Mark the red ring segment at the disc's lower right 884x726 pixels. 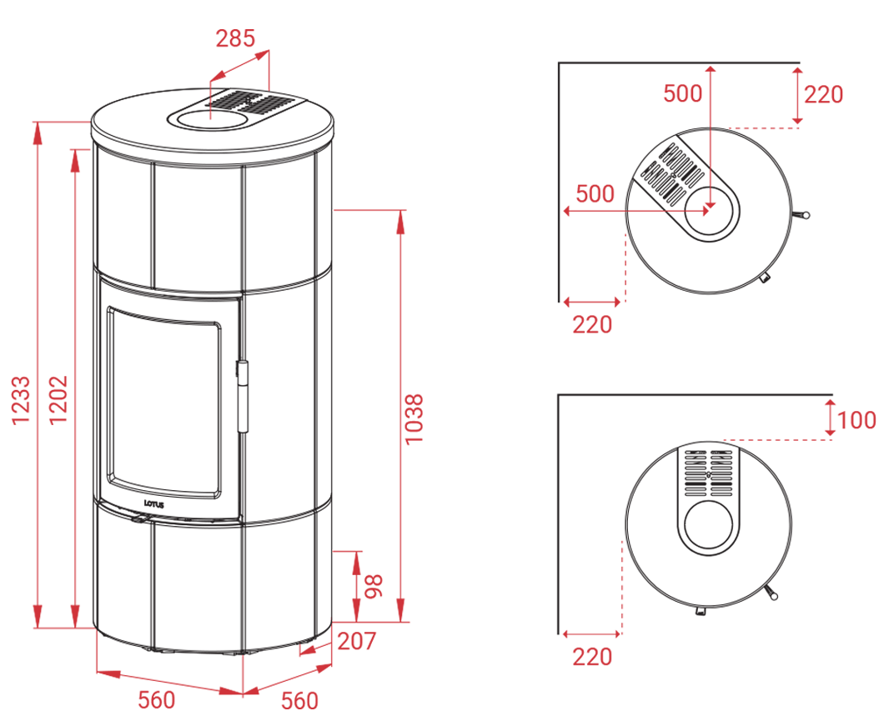709,208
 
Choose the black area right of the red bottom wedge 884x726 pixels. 751,600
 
